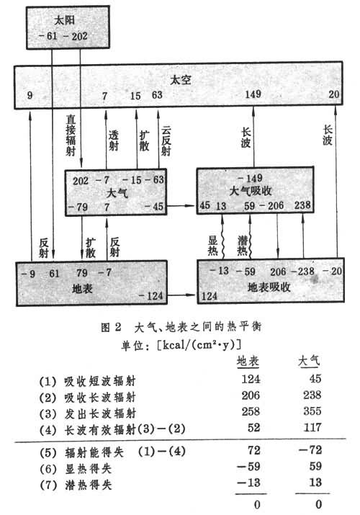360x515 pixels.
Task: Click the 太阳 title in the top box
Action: [x=65, y=21]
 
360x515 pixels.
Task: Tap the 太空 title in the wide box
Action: [x=180, y=80]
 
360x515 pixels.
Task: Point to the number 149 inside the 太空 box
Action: [x=253, y=94]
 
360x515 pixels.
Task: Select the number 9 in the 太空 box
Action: [x=30, y=95]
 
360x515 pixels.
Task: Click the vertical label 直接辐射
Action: [x=71, y=135]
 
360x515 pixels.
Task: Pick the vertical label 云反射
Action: [x=166, y=141]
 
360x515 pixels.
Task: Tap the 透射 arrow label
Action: [x=113, y=140]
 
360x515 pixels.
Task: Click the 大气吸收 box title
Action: [x=251, y=191]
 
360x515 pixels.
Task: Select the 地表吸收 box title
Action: [x=269, y=287]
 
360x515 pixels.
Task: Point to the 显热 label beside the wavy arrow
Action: [x=212, y=245]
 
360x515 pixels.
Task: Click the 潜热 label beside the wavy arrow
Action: [x=243, y=245]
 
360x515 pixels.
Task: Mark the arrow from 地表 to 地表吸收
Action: [x=182, y=295]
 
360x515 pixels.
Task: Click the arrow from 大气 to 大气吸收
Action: [x=181, y=205]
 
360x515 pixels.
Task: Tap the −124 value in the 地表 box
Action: [x=150, y=295]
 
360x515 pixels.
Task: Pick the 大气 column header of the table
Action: [x=308, y=362]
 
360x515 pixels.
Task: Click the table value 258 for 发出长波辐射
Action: [x=251, y=411]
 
